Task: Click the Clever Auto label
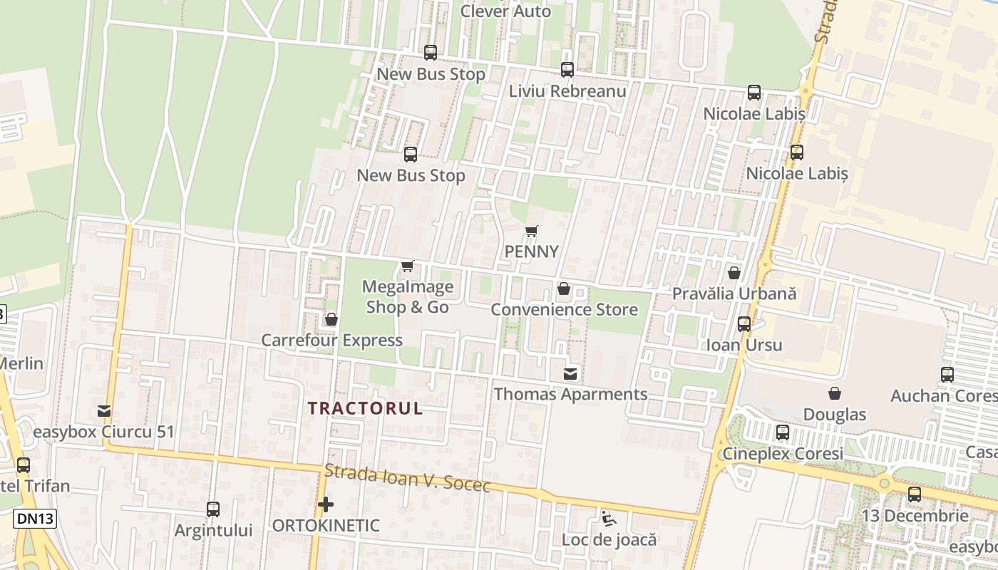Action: point(505,11)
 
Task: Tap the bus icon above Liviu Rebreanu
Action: point(567,70)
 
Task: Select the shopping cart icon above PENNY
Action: point(531,231)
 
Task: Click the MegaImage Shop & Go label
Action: point(408,297)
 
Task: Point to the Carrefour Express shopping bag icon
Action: point(331,319)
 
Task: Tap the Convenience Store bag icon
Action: point(564,289)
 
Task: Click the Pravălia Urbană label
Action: point(734,294)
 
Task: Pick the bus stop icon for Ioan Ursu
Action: point(744,324)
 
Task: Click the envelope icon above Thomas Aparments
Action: point(570,373)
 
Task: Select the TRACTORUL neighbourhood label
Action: point(365,408)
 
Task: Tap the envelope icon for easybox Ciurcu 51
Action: point(104,411)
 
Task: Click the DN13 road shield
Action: point(34,519)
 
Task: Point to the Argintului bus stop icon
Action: point(213,509)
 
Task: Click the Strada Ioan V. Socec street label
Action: point(408,478)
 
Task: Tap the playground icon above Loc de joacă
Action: point(608,518)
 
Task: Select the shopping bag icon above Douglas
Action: point(834,393)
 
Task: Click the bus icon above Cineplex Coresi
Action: point(783,432)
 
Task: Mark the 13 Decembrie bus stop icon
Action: point(915,494)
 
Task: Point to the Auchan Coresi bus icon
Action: point(947,375)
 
